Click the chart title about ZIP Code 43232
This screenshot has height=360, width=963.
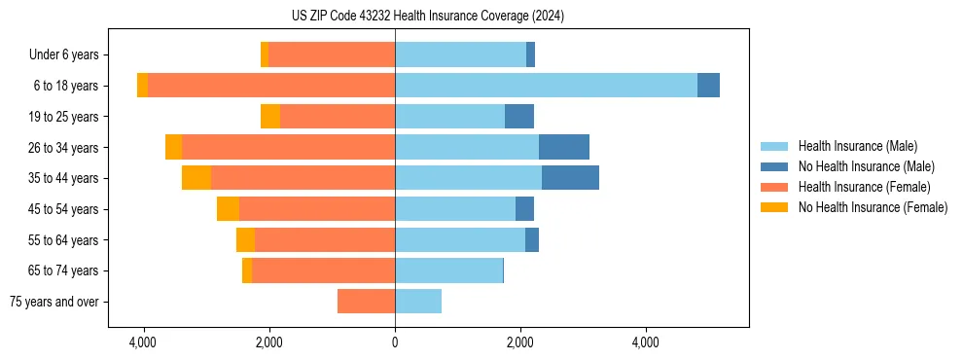pyautogui.click(x=427, y=17)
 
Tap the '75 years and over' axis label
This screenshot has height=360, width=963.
pyautogui.click(x=53, y=302)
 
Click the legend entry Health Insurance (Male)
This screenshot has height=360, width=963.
pyautogui.click(x=857, y=146)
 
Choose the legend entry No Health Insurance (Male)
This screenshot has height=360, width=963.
pyautogui.click(x=866, y=166)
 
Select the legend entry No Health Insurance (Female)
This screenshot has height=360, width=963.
pyautogui.click(x=873, y=207)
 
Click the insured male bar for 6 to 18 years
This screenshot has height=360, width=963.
pyautogui.click(x=546, y=86)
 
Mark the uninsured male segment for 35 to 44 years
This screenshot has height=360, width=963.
pyautogui.click(x=570, y=178)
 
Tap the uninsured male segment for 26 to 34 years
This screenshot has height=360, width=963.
pyautogui.click(x=564, y=147)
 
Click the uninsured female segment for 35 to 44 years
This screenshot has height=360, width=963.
pyautogui.click(x=196, y=178)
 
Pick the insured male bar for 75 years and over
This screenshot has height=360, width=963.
pyautogui.click(x=418, y=302)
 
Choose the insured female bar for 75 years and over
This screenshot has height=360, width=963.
pyautogui.click(x=366, y=302)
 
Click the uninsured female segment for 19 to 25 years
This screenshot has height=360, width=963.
pyautogui.click(x=270, y=117)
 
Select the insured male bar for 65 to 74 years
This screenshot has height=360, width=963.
pyautogui.click(x=448, y=270)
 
